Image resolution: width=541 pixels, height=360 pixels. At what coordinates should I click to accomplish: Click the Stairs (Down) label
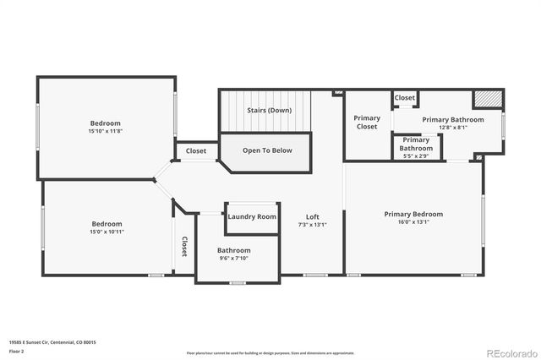pyautogui.click(x=269, y=110)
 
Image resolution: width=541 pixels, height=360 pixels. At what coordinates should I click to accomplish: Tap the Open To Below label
pyautogui.click(x=267, y=150)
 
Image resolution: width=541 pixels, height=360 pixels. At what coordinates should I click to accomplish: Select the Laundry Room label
pyautogui.click(x=252, y=217)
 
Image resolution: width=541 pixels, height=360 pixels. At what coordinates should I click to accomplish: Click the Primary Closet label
pyautogui.click(x=367, y=123)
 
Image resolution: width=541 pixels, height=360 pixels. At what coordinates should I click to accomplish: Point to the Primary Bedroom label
pyautogui.click(x=413, y=214)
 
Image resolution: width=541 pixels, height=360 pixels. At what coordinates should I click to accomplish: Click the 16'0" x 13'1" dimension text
pyautogui.click(x=413, y=223)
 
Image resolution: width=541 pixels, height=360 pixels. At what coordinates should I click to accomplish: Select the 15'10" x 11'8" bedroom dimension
pyautogui.click(x=105, y=132)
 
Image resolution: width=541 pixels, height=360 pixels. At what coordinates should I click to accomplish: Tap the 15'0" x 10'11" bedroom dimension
pyautogui.click(x=107, y=232)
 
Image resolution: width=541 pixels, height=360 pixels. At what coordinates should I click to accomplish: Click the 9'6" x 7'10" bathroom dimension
pyautogui.click(x=233, y=259)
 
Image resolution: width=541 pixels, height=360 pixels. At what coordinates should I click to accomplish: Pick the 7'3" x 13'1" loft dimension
pyautogui.click(x=313, y=225)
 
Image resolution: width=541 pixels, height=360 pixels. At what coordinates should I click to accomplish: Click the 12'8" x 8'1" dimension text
pyautogui.click(x=453, y=128)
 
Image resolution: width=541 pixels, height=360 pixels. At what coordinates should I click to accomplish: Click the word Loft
pyautogui.click(x=313, y=216)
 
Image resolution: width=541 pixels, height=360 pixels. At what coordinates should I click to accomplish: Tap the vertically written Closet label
pyautogui.click(x=184, y=246)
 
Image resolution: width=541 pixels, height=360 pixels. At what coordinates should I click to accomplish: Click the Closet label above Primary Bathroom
pyautogui.click(x=405, y=98)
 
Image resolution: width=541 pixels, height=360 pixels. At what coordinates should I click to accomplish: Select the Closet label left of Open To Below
pyautogui.click(x=196, y=151)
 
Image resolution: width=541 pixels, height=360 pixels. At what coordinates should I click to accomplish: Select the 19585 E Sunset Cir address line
pyautogui.click(x=52, y=342)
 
